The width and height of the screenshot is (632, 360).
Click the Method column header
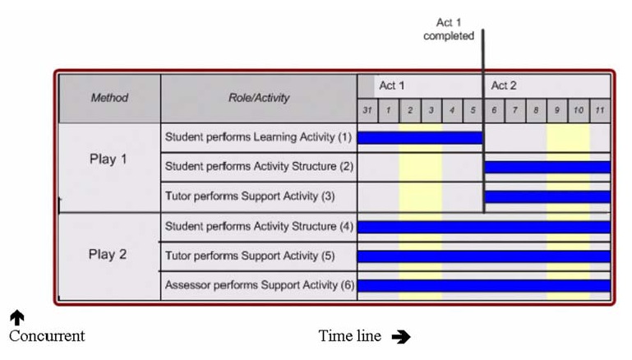tap(109, 98)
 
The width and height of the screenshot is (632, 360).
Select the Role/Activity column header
tap(259, 98)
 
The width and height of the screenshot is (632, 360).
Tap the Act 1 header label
tap(391, 85)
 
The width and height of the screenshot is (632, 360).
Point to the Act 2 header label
tap(504, 85)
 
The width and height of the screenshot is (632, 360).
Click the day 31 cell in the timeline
tap(367, 110)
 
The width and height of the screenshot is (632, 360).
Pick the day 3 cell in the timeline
tap(431, 110)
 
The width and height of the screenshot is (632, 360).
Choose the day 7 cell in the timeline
tap(514, 110)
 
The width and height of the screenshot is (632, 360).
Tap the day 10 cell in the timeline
tap(579, 110)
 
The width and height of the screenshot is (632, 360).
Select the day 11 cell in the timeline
tap(600, 110)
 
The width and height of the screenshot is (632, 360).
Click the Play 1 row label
tap(108, 159)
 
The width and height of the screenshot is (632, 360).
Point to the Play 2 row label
tap(108, 254)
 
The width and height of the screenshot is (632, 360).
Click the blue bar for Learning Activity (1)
tap(420, 138)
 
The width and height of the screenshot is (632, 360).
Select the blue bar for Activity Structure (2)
tap(547, 167)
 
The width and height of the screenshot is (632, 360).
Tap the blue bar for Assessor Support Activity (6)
tap(484, 286)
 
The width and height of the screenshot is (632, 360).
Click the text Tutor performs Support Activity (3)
tap(250, 196)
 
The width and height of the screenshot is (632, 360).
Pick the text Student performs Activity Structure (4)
tap(259, 226)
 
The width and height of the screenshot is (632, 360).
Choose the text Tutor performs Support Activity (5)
tap(250, 256)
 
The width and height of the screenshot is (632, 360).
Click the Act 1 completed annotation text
tap(449, 29)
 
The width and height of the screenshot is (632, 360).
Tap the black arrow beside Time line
tap(401, 337)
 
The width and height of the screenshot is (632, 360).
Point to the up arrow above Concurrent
tap(17, 317)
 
